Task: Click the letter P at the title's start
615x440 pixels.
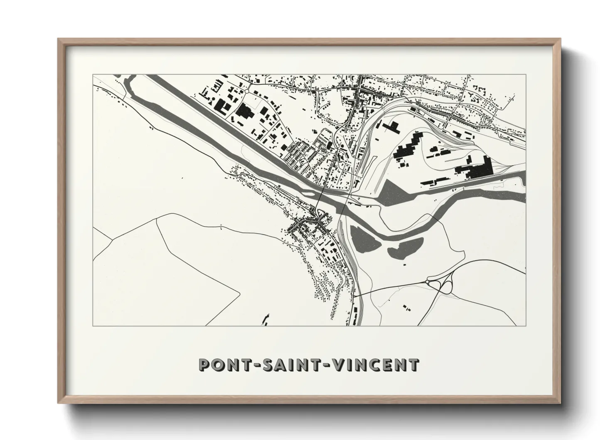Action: [205, 365]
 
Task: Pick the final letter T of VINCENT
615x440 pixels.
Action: [413, 365]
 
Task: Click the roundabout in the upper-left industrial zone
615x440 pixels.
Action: [246, 91]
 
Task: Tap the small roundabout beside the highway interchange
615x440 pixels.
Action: [427, 282]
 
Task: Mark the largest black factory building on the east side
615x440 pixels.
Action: [474, 168]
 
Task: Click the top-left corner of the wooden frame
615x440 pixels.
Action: [59, 40]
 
